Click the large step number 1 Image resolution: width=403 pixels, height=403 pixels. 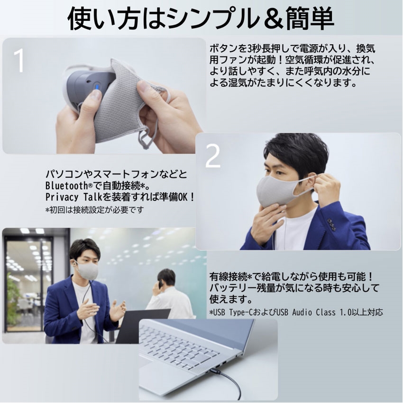(x=18, y=60)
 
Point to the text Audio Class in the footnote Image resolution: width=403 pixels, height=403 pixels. (x=310, y=312)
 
